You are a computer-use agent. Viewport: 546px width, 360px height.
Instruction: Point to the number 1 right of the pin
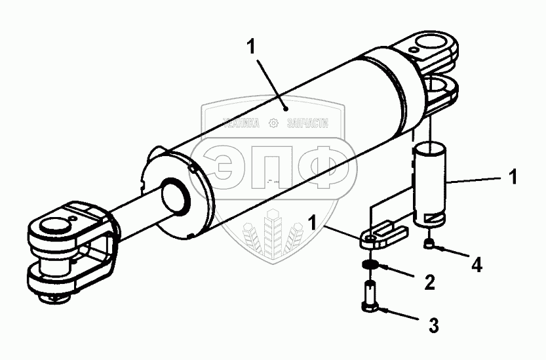click(513, 177)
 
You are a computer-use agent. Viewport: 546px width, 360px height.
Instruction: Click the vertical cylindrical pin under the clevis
click(429, 182)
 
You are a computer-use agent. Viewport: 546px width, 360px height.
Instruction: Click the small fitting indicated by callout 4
click(429, 244)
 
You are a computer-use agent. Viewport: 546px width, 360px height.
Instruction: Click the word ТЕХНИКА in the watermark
click(242, 122)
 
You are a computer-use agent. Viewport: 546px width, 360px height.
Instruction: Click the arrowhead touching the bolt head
click(386, 308)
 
